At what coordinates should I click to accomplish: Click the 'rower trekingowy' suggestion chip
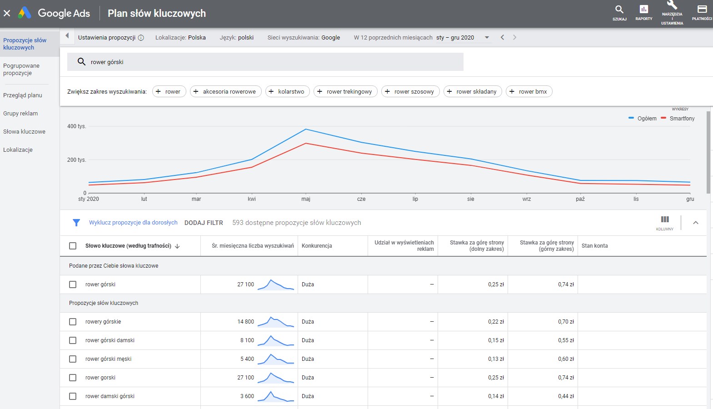(345, 91)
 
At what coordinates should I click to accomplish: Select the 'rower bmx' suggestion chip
(529, 91)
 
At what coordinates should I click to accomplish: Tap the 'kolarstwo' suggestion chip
(287, 91)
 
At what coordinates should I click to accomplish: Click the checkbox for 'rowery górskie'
(73, 322)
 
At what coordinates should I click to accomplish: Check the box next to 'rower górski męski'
(73, 359)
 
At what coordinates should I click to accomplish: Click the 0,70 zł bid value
(566, 322)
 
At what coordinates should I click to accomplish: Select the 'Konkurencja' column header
(317, 246)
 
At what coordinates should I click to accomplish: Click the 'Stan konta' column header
(594, 246)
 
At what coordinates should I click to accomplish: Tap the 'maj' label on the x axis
(306, 199)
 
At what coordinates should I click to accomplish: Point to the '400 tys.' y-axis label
(76, 126)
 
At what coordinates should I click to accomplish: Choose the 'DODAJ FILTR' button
(204, 223)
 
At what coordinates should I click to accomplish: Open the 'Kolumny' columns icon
(665, 222)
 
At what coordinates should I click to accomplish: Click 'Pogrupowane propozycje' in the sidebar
(21, 70)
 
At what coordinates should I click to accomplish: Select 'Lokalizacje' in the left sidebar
(18, 150)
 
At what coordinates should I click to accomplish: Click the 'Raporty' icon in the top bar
(643, 12)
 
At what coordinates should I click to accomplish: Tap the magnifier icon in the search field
(81, 62)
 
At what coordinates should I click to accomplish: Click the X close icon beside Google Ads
(7, 13)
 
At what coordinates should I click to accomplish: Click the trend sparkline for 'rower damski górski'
(275, 396)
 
